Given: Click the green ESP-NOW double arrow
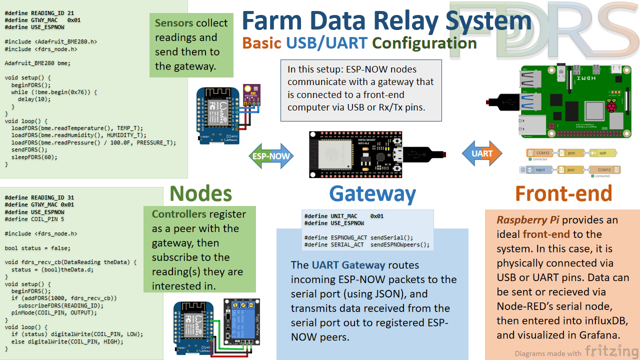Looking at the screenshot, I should tap(270, 155).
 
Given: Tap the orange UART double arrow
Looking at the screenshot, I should tap(481, 153).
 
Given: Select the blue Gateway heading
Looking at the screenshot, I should tap(372, 194).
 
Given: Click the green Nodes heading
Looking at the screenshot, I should tap(200, 194).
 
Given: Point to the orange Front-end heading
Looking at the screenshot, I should tap(563, 194).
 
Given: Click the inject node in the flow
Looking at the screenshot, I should tap(537, 170).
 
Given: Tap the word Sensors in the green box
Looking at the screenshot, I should tap(174, 23).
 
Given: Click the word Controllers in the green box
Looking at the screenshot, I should tap(179, 214).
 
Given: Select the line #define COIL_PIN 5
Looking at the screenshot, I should tap(34, 219).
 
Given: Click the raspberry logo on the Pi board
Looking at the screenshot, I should tap(611, 105).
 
